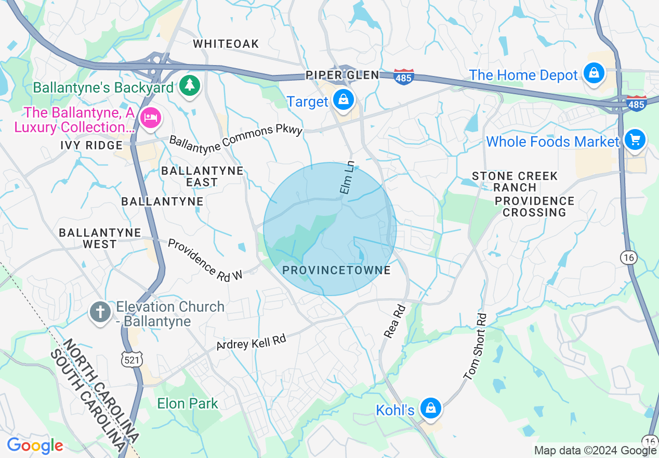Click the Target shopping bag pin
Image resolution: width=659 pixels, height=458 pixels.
pyautogui.click(x=343, y=99)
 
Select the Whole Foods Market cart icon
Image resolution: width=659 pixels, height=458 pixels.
pyautogui.click(x=635, y=139)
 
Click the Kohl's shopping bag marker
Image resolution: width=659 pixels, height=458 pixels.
pyautogui.click(x=431, y=408)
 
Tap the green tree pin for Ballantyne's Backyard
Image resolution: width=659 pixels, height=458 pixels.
pyautogui.click(x=190, y=85)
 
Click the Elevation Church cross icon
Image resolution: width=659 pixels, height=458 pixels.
pyautogui.click(x=100, y=312)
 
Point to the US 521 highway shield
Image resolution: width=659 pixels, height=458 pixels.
pyautogui.click(x=133, y=359)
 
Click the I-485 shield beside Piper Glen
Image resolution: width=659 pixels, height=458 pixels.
pyautogui.click(x=404, y=77)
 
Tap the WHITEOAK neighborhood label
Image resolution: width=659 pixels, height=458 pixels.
pyautogui.click(x=226, y=44)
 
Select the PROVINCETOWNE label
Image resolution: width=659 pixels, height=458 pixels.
pyautogui.click(x=336, y=270)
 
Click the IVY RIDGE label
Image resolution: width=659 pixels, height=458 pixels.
pyautogui.click(x=91, y=145)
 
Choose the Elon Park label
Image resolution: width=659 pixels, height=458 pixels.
pyautogui.click(x=188, y=403)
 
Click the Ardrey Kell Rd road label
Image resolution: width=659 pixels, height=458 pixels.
pyautogui.click(x=252, y=344)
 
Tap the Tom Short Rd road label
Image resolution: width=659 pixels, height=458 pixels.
pyautogui.click(x=475, y=346)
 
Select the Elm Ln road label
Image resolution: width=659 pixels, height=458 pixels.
pyautogui.click(x=346, y=178)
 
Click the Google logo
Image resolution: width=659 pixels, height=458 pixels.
pyautogui.click(x=35, y=446)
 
